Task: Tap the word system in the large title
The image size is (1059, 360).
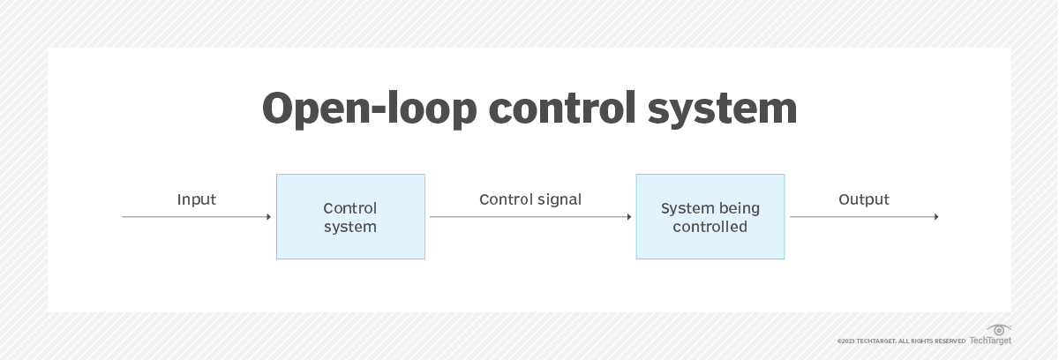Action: (x=722, y=109)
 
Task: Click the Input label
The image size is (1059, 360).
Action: (x=196, y=199)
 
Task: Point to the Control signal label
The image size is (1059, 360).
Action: (x=530, y=199)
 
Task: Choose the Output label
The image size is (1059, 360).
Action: (x=863, y=199)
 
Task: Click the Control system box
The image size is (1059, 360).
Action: (x=350, y=216)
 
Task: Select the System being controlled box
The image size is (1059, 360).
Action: (x=710, y=216)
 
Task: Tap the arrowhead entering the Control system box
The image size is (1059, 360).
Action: (x=268, y=217)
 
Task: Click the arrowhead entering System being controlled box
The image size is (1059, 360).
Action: (x=628, y=217)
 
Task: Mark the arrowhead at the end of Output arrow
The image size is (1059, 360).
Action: (x=935, y=217)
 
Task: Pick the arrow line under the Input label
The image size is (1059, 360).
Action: (x=194, y=217)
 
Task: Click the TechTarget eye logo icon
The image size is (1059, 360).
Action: (x=1000, y=330)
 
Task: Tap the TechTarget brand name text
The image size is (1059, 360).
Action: (x=990, y=341)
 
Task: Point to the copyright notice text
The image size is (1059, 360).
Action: (x=900, y=341)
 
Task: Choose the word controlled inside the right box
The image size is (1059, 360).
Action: (x=710, y=227)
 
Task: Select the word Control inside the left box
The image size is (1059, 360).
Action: (x=350, y=208)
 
